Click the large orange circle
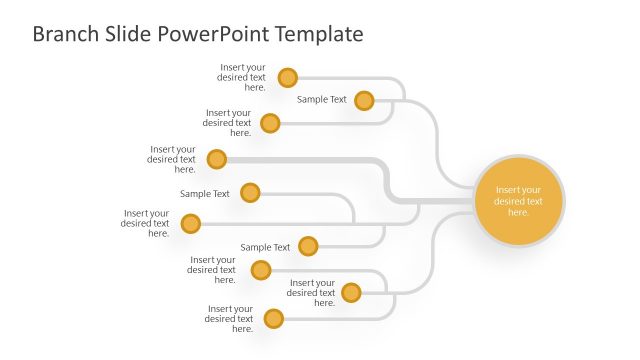[518, 200]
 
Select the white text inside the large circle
[518, 201]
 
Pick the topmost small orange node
[288, 77]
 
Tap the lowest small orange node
[274, 319]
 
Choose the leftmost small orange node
[191, 224]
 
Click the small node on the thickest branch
[217, 159]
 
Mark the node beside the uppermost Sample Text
[364, 100]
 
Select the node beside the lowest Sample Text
[308, 246]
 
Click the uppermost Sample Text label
[322, 100]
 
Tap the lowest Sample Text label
[265, 247]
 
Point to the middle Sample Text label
[205, 194]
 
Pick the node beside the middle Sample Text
[250, 193]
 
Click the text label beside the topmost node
[243, 77]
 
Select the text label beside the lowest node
[230, 319]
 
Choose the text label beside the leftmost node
[147, 224]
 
